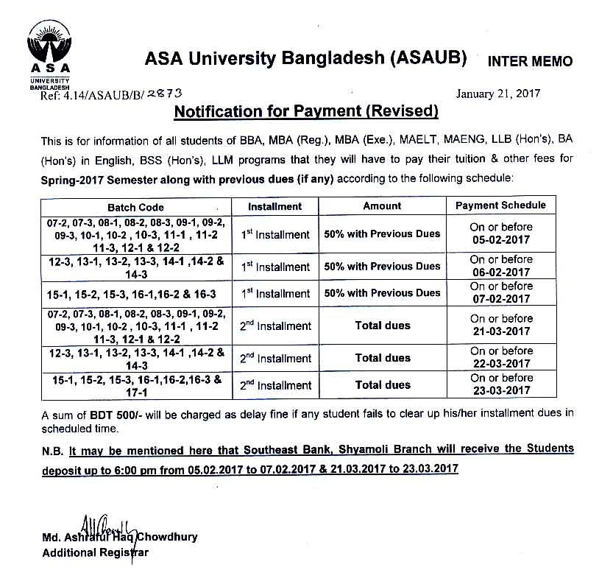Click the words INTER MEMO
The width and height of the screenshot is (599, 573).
tap(530, 61)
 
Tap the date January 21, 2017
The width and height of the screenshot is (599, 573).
tap(498, 94)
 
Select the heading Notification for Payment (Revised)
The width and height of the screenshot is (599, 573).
tap(305, 112)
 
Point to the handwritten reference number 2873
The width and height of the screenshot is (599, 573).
tap(164, 94)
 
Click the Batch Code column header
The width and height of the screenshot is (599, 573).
tap(135, 207)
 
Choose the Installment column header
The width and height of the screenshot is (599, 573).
tap(274, 206)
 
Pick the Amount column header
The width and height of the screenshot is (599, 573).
tap(382, 206)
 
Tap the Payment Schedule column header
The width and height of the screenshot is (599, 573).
tap(500, 205)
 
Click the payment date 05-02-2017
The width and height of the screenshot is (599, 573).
tap(500, 240)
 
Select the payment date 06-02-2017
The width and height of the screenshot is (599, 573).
tap(500, 273)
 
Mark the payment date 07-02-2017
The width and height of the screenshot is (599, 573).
tap(500, 299)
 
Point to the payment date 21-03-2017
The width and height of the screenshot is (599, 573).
tap(500, 331)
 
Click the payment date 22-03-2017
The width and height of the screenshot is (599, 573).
tap(500, 364)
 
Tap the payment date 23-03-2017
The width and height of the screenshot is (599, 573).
tap(500, 390)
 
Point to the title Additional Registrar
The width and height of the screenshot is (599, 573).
tap(96, 552)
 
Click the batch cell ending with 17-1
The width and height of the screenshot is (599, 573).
tap(135, 384)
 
